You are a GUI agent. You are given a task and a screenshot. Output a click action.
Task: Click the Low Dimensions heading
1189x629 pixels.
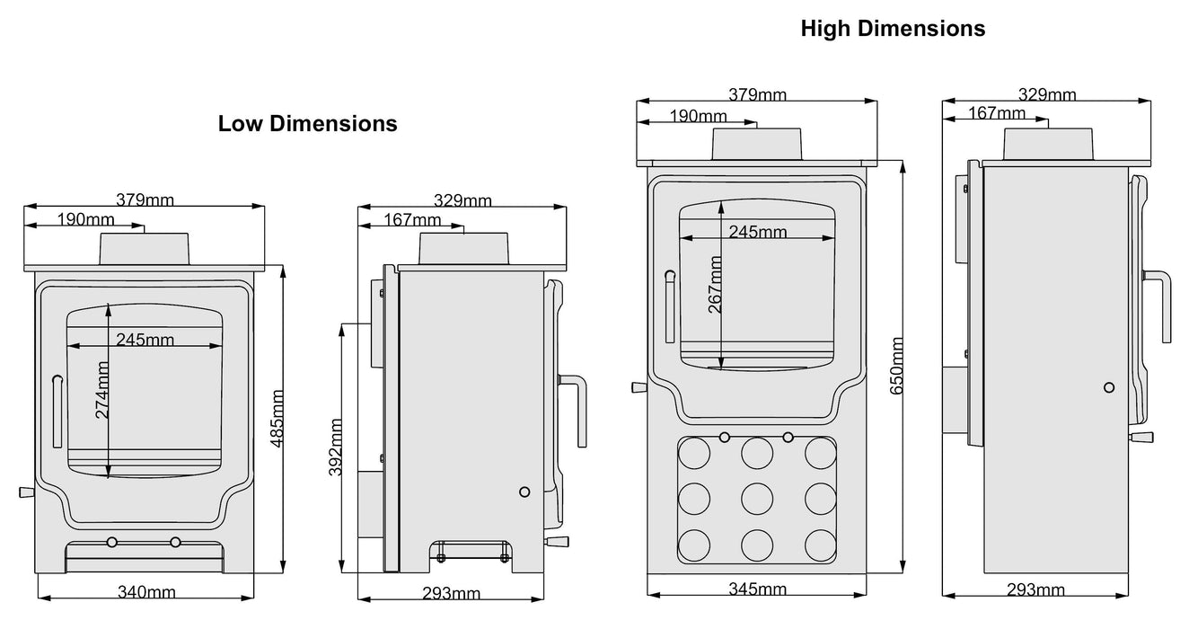[x=307, y=124]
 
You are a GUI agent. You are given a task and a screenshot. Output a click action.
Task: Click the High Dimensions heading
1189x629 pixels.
[x=893, y=29]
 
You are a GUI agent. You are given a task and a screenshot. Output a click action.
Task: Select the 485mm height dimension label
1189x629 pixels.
[x=277, y=419]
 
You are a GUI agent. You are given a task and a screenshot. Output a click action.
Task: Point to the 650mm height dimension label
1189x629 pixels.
[x=895, y=364]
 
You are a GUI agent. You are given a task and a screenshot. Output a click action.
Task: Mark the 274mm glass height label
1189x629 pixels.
[x=101, y=390]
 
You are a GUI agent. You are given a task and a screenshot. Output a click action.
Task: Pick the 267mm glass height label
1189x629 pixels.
[x=715, y=284]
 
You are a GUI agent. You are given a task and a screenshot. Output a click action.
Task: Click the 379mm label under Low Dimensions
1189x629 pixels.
[x=145, y=200]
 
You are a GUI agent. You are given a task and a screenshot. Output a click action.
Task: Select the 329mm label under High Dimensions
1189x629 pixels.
[x=1047, y=94]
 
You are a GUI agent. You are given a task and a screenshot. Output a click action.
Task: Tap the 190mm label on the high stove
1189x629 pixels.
[x=699, y=116]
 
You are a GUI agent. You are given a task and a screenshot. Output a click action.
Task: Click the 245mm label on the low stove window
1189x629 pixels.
[x=145, y=339]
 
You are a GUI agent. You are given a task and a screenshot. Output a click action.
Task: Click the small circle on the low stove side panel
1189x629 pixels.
[x=524, y=492]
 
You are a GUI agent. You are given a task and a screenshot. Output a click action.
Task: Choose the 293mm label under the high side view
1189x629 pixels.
[x=1035, y=589]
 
